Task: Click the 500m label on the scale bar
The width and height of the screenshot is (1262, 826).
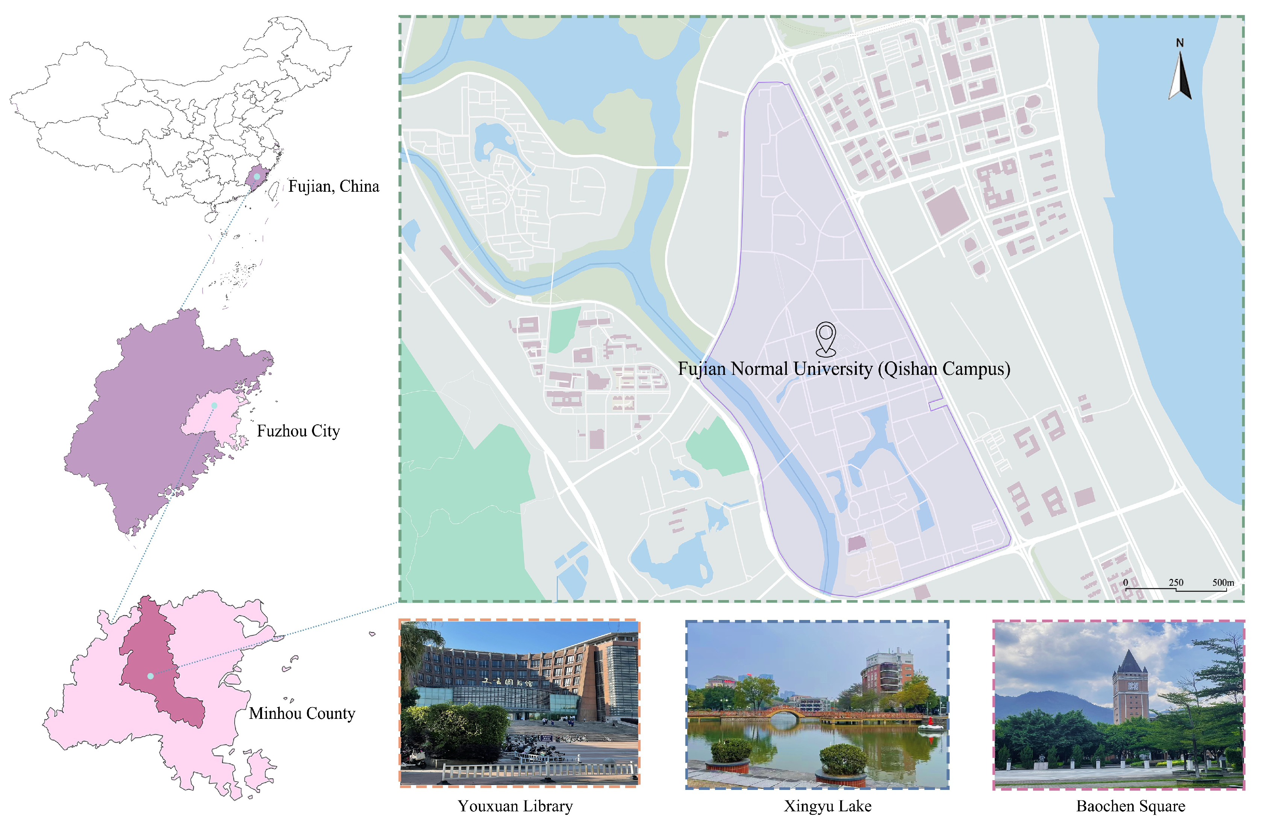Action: (x=1223, y=583)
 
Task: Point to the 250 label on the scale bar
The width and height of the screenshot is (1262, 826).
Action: (x=1176, y=583)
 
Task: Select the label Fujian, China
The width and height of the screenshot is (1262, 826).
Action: (x=333, y=186)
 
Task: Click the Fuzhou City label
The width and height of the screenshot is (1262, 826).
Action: (x=298, y=430)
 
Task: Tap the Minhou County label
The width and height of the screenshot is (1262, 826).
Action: (x=302, y=713)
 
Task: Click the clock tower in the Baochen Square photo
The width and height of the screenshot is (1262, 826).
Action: (x=1130, y=689)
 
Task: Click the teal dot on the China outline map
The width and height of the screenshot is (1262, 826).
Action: (x=257, y=176)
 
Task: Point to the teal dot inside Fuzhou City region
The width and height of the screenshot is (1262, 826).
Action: (x=214, y=406)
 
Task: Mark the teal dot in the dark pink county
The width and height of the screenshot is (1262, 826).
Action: (x=151, y=676)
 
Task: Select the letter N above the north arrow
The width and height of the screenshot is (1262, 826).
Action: (x=1180, y=43)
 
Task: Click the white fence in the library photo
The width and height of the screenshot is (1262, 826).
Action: (x=536, y=770)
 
